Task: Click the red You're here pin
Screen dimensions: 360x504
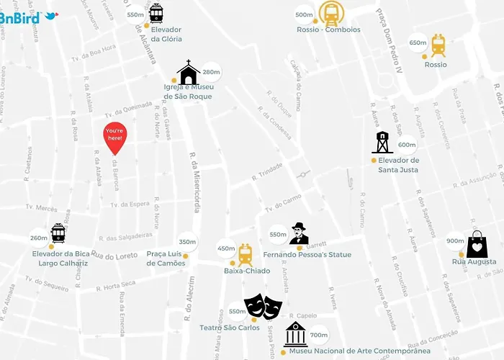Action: [115, 138]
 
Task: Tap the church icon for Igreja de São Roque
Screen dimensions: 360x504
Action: [188, 73]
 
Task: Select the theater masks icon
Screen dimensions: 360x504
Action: [263, 307]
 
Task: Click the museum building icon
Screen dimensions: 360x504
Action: [295, 335]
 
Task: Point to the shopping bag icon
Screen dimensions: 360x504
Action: [477, 246]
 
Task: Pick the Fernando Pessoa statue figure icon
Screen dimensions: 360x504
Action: [299, 234]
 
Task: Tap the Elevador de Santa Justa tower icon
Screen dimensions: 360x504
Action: [382, 143]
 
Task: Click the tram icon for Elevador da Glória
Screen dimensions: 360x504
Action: [156, 14]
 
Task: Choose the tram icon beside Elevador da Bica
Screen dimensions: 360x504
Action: [58, 233]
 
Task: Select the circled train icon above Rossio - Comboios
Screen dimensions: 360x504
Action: [331, 13]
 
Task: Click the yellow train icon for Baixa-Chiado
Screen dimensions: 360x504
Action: [245, 254]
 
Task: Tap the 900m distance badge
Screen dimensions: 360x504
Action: [455, 241]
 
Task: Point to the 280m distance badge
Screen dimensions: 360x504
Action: [211, 72]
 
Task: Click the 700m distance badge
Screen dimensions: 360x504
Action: [319, 335]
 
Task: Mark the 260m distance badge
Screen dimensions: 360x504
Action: [39, 238]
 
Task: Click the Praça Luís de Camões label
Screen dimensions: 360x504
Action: [166, 258]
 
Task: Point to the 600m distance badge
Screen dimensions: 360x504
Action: [407, 145]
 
